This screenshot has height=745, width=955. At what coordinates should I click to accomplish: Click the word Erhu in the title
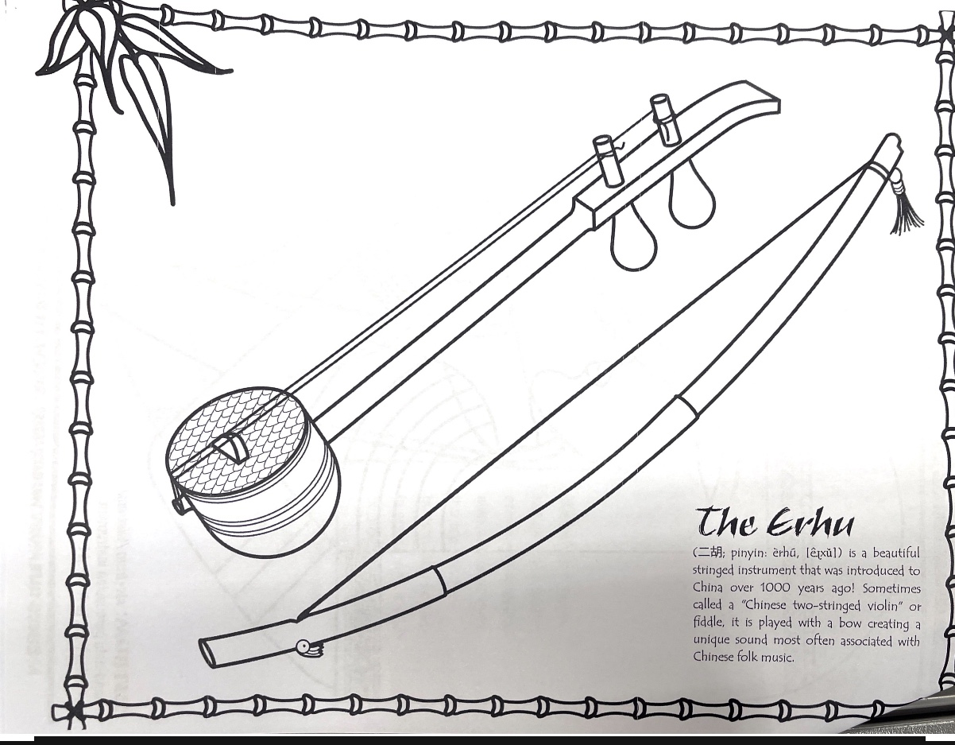tap(811, 524)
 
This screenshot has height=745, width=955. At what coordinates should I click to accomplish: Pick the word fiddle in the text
tap(707, 623)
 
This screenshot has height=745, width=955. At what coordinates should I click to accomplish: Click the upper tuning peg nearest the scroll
tap(664, 119)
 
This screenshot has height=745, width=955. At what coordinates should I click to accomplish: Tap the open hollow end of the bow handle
tap(208, 650)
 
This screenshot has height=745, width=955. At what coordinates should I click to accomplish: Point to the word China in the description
tap(707, 588)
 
